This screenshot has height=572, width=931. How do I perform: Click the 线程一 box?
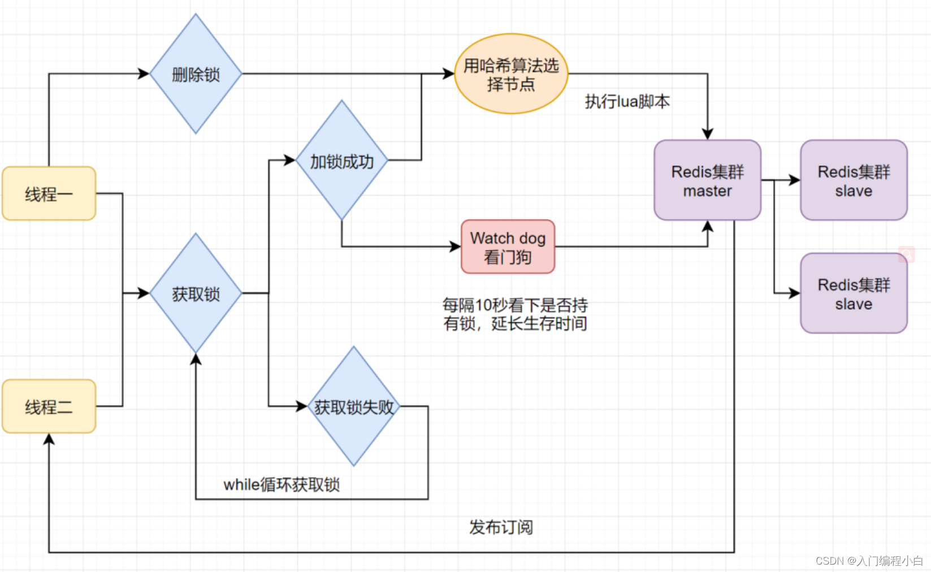click(49, 194)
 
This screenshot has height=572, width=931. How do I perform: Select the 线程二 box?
click(49, 406)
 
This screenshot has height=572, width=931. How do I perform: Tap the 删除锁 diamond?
click(196, 74)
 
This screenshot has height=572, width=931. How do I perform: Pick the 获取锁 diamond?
click(196, 293)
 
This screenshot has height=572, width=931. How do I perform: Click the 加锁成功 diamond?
click(341, 161)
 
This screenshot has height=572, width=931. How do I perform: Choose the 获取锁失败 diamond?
click(354, 406)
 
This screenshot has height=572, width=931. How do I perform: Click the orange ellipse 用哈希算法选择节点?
click(511, 74)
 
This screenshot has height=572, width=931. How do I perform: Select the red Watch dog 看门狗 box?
click(508, 247)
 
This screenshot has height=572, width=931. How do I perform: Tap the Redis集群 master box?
click(707, 180)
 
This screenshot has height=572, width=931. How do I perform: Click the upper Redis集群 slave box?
click(854, 180)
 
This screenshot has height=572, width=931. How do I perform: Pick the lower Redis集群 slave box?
click(854, 293)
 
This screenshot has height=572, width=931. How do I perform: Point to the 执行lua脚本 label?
click(627, 102)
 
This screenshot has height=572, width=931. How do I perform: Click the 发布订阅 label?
click(501, 527)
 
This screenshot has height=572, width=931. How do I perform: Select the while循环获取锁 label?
click(282, 484)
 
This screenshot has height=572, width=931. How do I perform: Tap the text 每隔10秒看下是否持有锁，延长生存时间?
click(515, 314)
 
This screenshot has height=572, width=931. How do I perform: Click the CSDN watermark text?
click(869, 561)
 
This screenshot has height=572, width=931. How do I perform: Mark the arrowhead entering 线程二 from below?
click(49, 439)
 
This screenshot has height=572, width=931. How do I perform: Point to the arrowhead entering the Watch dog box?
click(456, 246)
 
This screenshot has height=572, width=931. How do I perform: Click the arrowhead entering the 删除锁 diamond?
click(144, 73)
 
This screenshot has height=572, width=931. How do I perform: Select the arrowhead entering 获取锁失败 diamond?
click(302, 406)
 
